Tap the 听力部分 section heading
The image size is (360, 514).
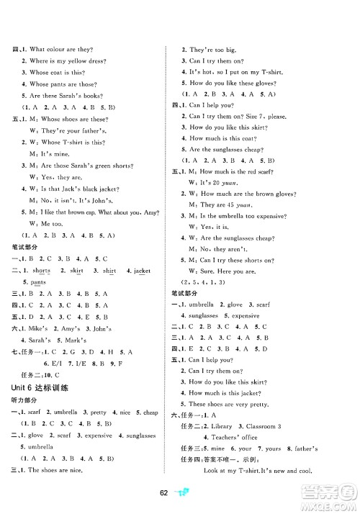(28, 400)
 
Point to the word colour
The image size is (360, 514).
(55, 49)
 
